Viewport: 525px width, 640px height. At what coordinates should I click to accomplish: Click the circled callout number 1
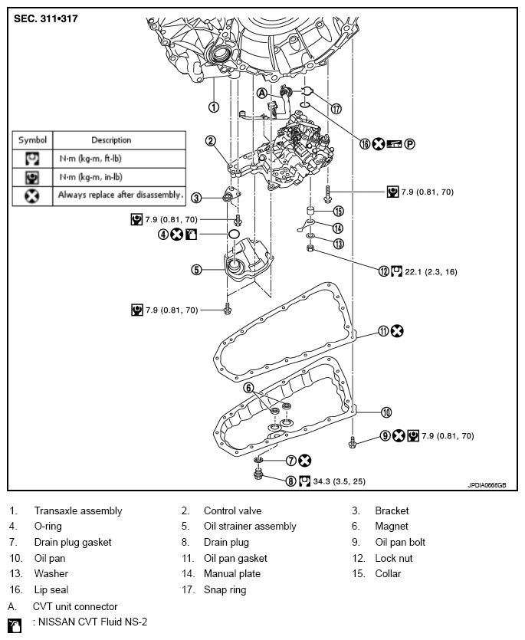(x=214, y=107)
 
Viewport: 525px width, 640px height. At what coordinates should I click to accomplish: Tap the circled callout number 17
(x=336, y=108)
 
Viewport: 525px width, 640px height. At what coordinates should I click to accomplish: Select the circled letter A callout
(x=261, y=93)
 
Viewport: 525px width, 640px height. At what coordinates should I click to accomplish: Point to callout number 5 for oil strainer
(x=197, y=269)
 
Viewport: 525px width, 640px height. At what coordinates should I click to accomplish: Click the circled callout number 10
(x=386, y=412)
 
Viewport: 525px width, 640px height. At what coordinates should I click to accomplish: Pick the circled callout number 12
(x=384, y=271)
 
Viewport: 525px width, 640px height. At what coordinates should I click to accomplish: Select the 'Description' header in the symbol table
(x=111, y=140)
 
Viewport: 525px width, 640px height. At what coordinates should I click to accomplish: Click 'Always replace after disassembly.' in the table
(x=120, y=195)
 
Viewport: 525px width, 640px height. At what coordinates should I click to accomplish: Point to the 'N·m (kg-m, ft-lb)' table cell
(x=99, y=159)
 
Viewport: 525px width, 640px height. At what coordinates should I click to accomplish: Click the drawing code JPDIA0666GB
(x=487, y=484)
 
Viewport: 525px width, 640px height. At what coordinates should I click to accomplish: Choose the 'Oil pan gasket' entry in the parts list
(x=235, y=558)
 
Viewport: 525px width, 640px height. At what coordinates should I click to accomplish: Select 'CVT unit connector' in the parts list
(x=75, y=606)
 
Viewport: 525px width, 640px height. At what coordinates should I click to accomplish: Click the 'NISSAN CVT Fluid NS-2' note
(x=90, y=622)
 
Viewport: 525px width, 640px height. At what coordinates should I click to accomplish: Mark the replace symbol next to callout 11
(x=397, y=331)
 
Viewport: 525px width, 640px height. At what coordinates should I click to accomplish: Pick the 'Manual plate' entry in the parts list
(x=232, y=574)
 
